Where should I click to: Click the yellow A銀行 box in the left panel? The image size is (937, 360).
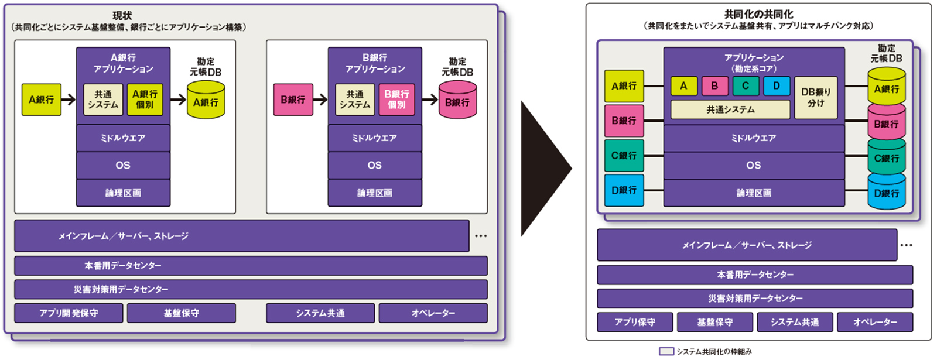pyautogui.click(x=41, y=100)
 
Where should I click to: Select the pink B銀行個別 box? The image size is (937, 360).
pyautogui.click(x=396, y=100)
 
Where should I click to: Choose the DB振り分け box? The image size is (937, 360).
pyautogui.click(x=816, y=98)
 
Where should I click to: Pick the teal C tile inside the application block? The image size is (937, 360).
pyautogui.click(x=745, y=86)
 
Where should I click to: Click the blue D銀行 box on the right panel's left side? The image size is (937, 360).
pyautogui.click(x=624, y=190)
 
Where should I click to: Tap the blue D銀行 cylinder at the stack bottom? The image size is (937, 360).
pyautogui.click(x=886, y=192)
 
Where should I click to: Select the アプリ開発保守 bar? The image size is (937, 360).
pyautogui.click(x=69, y=313)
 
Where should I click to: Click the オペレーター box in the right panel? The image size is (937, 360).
pyautogui.click(x=875, y=322)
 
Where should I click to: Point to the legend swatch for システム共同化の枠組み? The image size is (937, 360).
pyautogui.click(x=666, y=351)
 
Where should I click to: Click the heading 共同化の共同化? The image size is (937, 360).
pyautogui.click(x=758, y=14)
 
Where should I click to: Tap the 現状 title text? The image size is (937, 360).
pyautogui.click(x=122, y=16)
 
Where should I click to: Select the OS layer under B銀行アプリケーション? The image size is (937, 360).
pyautogui.click(x=375, y=165)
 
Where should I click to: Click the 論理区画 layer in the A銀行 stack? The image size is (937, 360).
pyautogui.click(x=123, y=193)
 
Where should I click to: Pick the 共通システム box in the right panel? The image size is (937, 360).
pyautogui.click(x=730, y=109)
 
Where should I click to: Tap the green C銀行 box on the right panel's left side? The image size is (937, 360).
pyautogui.click(x=624, y=156)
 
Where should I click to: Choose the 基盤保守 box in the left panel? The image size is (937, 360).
pyautogui.click(x=181, y=313)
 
